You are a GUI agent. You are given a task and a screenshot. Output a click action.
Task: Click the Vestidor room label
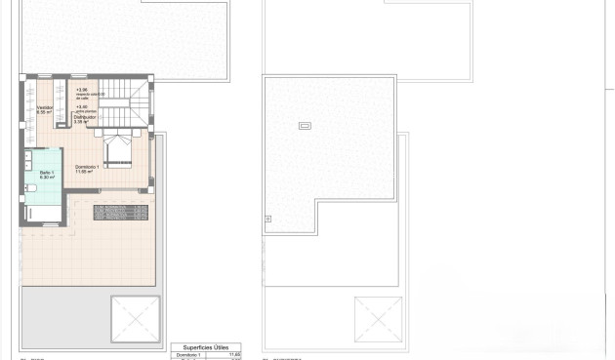(x=45, y=108)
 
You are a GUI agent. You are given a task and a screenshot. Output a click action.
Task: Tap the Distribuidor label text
(x=86, y=118)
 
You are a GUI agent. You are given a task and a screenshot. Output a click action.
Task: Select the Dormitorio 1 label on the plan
(x=88, y=166)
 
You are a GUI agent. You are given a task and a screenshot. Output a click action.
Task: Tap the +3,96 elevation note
(x=82, y=91)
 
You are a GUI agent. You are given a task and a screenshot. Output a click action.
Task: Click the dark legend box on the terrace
(x=120, y=211)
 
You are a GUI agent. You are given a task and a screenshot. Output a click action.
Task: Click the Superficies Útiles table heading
(x=205, y=346)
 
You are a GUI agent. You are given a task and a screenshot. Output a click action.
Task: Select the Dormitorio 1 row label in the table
(x=191, y=355)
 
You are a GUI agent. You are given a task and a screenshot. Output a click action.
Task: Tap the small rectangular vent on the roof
(x=304, y=125)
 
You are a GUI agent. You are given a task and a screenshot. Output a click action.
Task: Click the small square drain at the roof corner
(x=268, y=220)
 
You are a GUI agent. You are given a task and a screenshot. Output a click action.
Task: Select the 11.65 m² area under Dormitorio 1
(x=87, y=171)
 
